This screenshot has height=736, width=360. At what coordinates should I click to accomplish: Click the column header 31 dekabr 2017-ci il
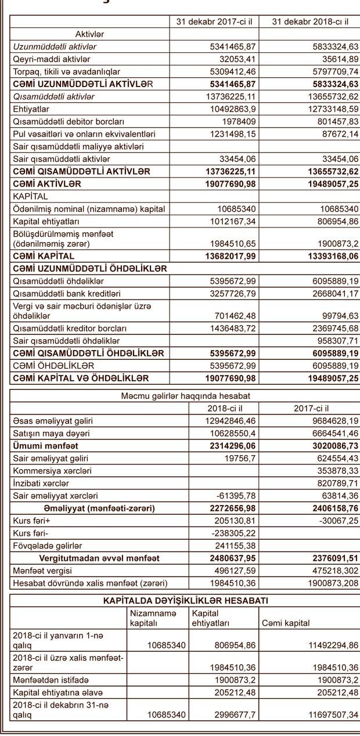(x=214, y=22)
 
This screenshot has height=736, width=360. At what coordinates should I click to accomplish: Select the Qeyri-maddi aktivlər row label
(x=52, y=59)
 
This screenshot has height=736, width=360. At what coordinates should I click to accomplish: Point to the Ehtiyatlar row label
(x=33, y=109)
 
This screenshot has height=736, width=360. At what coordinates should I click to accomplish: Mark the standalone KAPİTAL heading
(x=29, y=196)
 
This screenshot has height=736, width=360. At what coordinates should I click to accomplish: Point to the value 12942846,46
(x=230, y=420)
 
